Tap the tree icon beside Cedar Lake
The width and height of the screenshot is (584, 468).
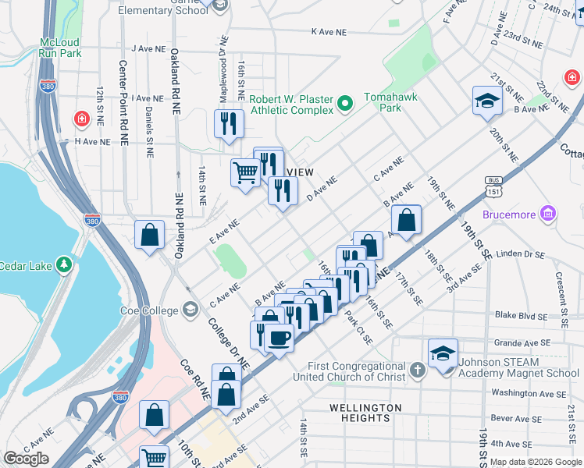click(x=65, y=266)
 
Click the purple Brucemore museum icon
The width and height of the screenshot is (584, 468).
click(x=549, y=213)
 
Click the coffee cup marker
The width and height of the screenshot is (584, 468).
click(x=279, y=337)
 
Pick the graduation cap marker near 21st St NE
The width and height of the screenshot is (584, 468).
click(x=486, y=101)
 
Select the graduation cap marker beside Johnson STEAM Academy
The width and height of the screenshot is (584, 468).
click(x=442, y=352)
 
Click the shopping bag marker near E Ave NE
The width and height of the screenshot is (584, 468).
click(x=149, y=235)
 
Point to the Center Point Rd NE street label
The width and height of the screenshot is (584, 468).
click(x=123, y=104)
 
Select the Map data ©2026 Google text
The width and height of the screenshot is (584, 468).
click(x=535, y=463)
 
